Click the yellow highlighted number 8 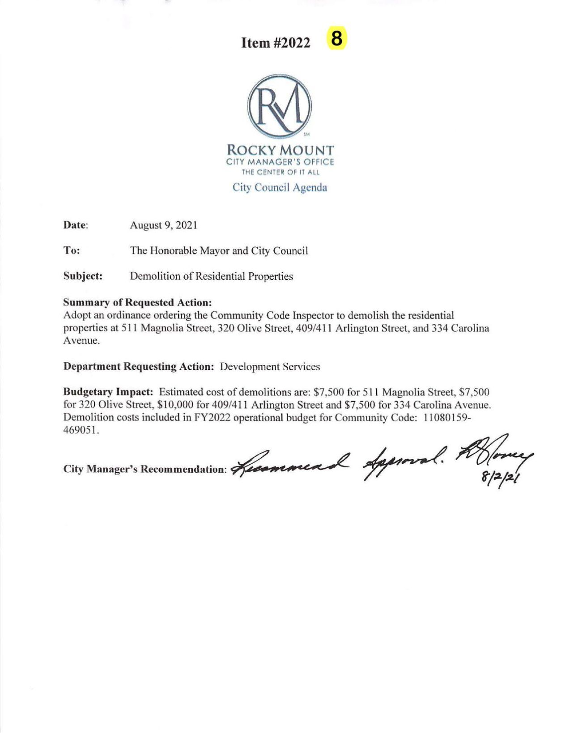click(x=337, y=39)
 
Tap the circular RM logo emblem click(x=280, y=106)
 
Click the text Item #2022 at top click(x=276, y=43)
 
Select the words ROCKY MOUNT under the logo click(x=280, y=150)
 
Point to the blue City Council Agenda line click(x=280, y=187)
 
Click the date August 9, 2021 click(x=163, y=225)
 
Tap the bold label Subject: click(x=83, y=276)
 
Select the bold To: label click(x=72, y=250)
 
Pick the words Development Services click(x=270, y=367)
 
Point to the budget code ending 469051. click(x=81, y=431)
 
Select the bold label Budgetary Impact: click(x=109, y=392)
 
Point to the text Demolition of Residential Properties click(x=211, y=276)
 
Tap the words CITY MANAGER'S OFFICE click(x=280, y=162)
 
